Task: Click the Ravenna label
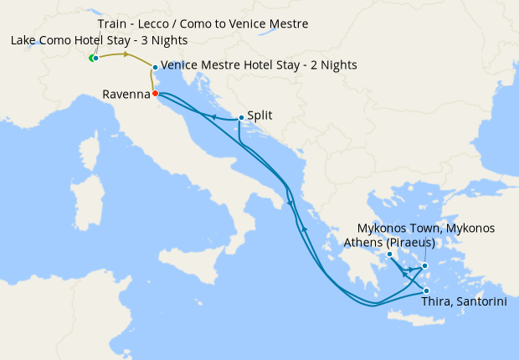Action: (126, 95)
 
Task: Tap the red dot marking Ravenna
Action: (156, 93)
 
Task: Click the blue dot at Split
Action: (241, 118)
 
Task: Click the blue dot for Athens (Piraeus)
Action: (390, 254)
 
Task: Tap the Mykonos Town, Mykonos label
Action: (426, 228)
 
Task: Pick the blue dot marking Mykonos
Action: (424, 266)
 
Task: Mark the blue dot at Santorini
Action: (427, 291)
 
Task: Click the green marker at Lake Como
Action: (91, 58)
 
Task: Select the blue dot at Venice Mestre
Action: (155, 66)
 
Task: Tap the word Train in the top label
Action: (112, 23)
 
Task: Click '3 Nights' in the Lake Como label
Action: (165, 41)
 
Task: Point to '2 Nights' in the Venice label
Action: (334, 64)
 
